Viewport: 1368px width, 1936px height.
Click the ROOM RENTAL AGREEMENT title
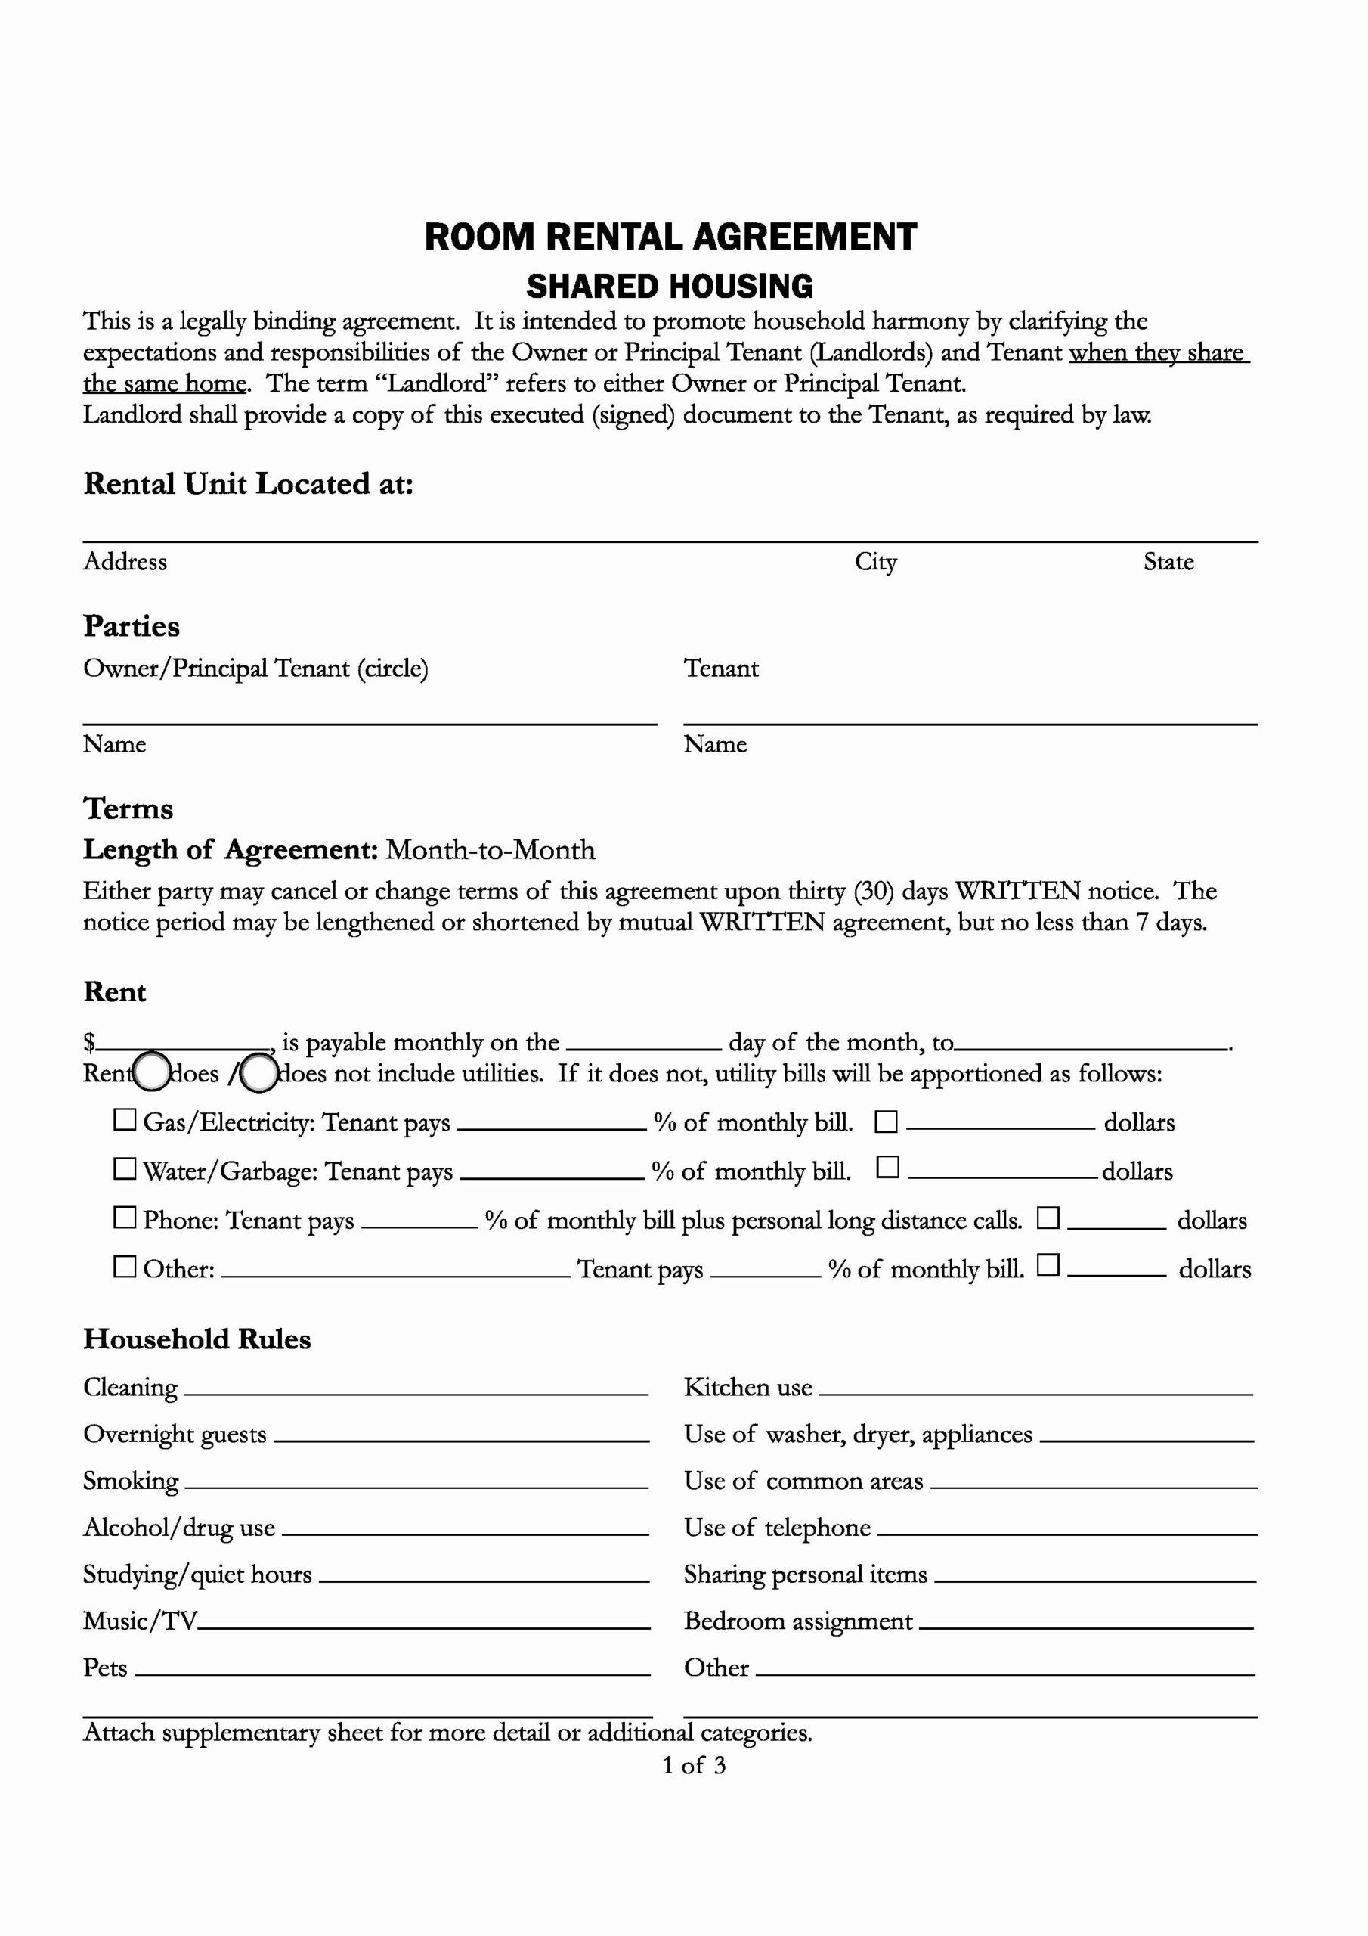[x=670, y=237]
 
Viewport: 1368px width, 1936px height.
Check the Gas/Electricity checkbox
[x=125, y=1120]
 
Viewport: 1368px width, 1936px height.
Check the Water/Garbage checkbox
[x=125, y=1168]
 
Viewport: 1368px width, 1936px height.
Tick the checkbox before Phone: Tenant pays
[x=125, y=1218]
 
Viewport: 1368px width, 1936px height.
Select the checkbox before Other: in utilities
[x=125, y=1267]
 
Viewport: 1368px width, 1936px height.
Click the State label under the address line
[x=1168, y=563]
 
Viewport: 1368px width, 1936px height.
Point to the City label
[x=876, y=563]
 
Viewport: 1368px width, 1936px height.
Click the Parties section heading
[x=132, y=626]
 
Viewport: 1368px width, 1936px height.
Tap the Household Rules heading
[x=197, y=1339]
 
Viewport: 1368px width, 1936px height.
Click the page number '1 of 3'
[x=694, y=1766]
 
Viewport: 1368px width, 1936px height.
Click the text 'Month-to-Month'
[x=491, y=850]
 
